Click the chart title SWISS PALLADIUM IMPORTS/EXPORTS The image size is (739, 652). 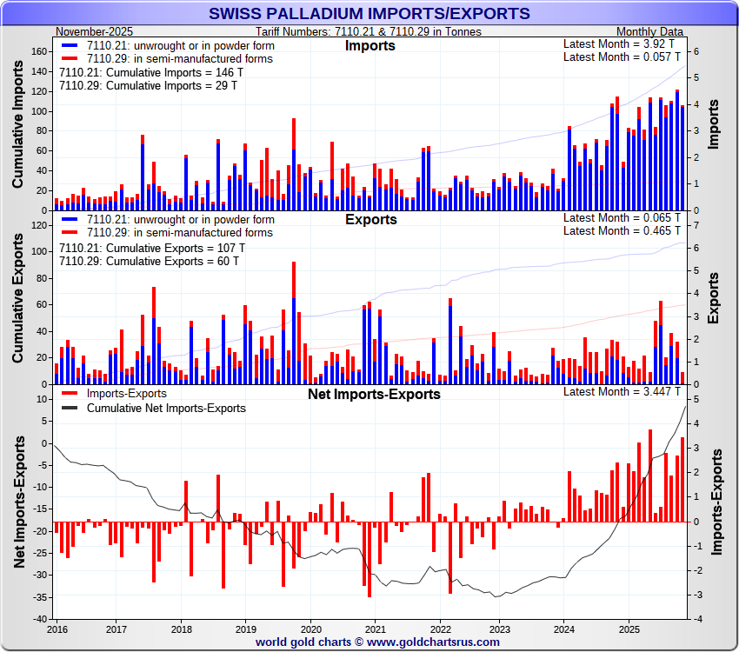click(x=369, y=13)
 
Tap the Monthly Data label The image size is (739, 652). click(x=650, y=31)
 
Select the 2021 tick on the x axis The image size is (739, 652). click(x=375, y=628)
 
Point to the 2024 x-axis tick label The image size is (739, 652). click(x=564, y=628)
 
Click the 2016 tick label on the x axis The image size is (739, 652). click(x=57, y=628)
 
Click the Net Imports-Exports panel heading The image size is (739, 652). click(x=375, y=394)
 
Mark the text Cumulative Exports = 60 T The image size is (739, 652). click(x=148, y=261)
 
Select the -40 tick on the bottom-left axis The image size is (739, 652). click(x=40, y=619)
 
